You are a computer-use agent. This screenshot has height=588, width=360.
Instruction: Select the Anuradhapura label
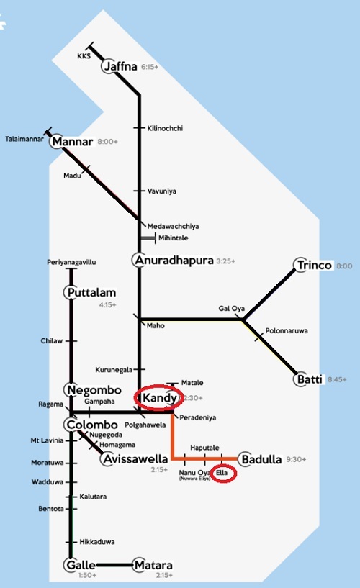pos(177,260)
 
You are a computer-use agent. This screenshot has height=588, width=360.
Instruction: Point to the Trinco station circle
pos(302,266)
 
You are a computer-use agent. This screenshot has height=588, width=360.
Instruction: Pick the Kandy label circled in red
pos(158,397)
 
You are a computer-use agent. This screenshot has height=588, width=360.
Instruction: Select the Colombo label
pos(94,423)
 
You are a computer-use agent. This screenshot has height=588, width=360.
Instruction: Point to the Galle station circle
pos(71,565)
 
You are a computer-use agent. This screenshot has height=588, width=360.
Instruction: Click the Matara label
pos(156,565)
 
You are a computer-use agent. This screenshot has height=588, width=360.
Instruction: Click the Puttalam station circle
pos(71,293)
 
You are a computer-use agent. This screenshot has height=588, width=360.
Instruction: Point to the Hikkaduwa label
pos(97,541)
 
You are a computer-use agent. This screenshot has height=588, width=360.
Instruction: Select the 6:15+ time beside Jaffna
pos(150,67)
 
